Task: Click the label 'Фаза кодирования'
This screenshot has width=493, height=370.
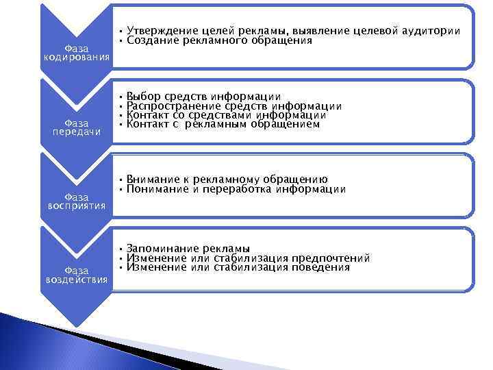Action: point(76,52)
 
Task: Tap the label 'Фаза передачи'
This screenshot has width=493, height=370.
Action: point(76,127)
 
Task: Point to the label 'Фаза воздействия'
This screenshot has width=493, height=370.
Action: point(76,275)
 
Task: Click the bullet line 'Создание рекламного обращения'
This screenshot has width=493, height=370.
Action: point(219,40)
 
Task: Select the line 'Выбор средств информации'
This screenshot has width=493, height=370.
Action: point(203,96)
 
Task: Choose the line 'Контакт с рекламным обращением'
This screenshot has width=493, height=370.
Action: point(223,125)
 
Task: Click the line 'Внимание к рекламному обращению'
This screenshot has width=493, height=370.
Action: point(227,180)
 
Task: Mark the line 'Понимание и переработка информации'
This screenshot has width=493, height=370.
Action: point(236,189)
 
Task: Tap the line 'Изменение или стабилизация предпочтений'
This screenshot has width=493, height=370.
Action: point(248,258)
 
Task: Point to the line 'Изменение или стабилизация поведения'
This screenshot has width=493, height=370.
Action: point(238,267)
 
